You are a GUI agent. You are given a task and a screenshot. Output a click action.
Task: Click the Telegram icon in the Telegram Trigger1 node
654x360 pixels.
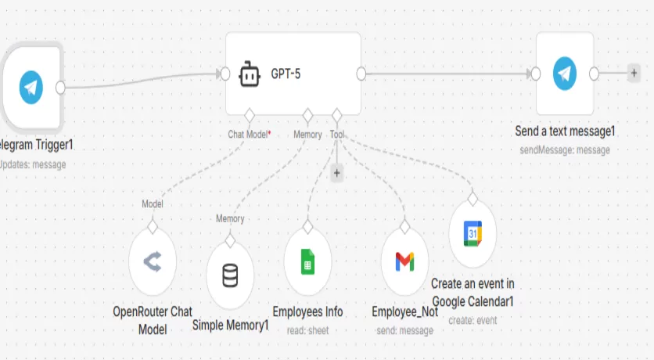31,86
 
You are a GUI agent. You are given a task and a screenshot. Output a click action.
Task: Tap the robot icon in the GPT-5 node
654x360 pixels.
249,74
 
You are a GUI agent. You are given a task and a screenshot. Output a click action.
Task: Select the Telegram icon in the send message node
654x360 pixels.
565,74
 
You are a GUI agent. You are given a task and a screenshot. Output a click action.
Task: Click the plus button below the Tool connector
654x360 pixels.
337,174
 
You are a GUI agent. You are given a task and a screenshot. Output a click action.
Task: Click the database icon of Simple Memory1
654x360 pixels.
230,275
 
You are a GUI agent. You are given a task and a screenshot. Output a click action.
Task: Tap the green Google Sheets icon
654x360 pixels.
307,263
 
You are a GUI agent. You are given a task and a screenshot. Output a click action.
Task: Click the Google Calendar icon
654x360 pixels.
473,232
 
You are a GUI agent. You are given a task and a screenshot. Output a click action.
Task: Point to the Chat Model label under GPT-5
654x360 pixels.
247,135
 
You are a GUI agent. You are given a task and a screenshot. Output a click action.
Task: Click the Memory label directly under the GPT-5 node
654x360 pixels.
307,135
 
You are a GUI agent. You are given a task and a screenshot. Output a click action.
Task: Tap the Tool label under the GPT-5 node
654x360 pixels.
337,135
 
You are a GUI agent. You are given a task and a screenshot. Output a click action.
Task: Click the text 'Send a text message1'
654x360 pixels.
565,131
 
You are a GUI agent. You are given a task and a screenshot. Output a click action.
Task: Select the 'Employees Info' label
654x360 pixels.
307,312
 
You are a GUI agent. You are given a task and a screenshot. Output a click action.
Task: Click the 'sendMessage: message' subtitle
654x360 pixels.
565,149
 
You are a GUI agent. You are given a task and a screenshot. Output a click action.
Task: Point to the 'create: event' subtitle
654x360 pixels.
473,320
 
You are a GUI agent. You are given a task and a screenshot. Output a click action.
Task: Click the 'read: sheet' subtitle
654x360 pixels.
307,331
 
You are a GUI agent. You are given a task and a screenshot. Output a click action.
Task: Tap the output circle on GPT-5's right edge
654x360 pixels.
361,74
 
